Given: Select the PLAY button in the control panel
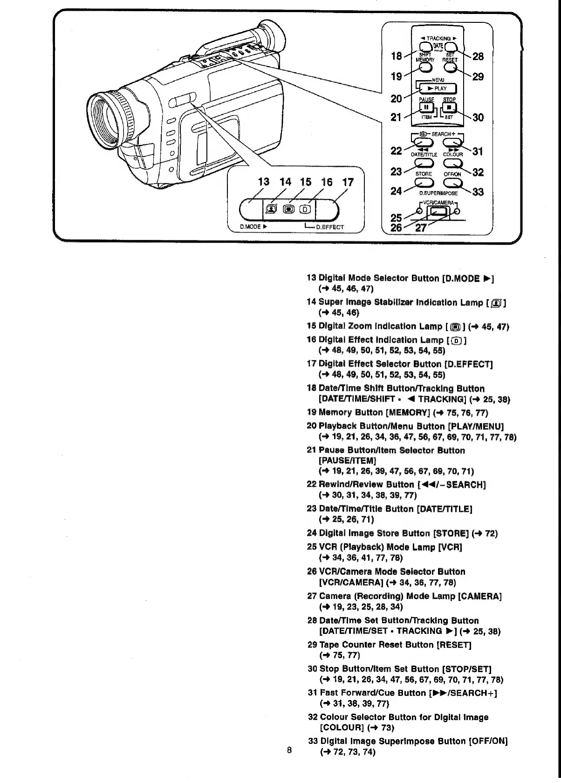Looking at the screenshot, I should (437, 89).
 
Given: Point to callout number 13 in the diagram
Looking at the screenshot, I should (264, 182).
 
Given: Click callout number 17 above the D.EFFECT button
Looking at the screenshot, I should (348, 182).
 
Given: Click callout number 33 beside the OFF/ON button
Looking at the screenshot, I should (478, 192).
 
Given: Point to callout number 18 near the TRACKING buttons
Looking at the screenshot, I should (397, 56).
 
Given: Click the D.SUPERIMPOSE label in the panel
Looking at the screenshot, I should (438, 193).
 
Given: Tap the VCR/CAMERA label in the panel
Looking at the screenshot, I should (438, 203).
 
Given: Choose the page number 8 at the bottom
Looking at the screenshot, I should (289, 750).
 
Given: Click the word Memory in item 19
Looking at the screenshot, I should (336, 412).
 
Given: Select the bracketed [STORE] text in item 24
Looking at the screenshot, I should (451, 533).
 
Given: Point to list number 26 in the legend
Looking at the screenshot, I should (312, 572).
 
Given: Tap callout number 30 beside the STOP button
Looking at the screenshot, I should (478, 117).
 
